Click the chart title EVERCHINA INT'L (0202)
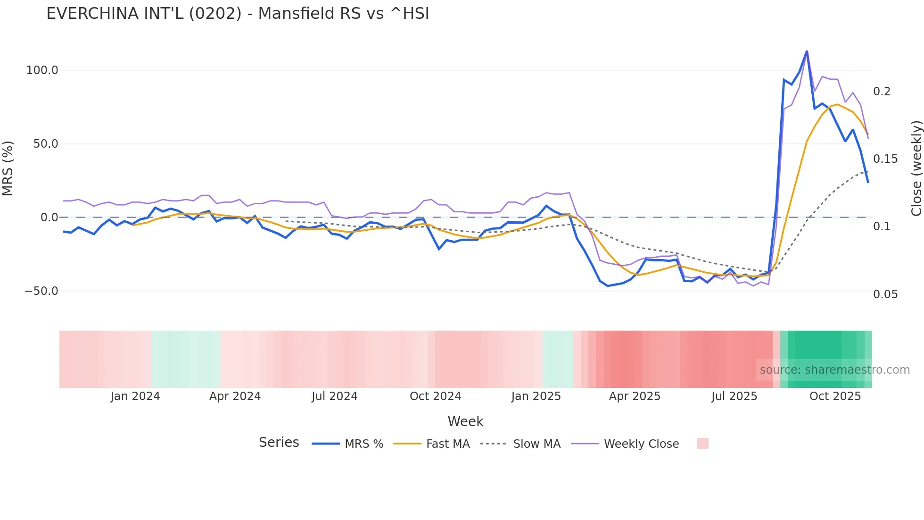point(238,14)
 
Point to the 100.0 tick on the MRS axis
point(42,70)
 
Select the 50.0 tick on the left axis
point(45,144)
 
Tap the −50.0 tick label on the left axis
point(41,291)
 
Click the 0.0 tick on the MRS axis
point(49,218)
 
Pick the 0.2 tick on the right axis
point(882,92)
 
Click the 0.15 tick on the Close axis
point(885,159)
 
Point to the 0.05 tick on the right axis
point(885,294)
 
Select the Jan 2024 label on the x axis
point(135,396)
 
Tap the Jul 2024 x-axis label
point(335,396)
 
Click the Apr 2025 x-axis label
point(635,396)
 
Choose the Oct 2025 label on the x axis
point(835,396)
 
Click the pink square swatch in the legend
point(702,444)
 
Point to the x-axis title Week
point(465,421)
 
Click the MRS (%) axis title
point(8,168)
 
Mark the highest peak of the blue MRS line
point(807,51)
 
